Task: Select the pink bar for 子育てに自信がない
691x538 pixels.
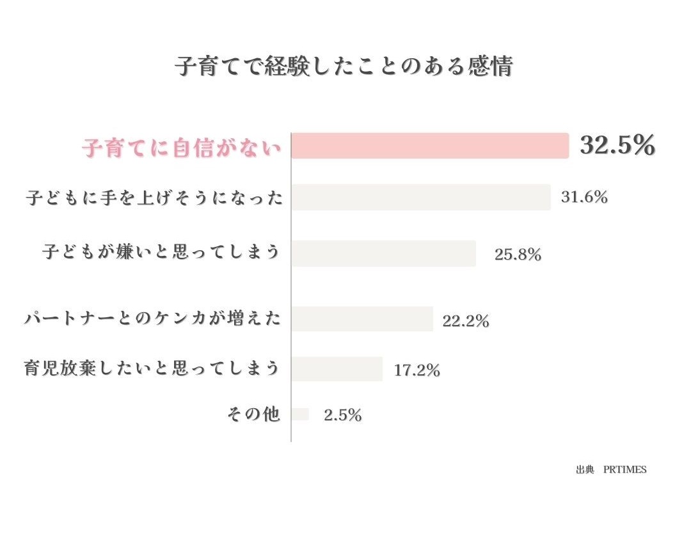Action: point(430,145)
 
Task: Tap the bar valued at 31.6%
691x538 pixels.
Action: point(421,197)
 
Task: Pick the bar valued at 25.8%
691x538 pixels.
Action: point(384,253)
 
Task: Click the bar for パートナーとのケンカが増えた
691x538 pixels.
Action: point(362,319)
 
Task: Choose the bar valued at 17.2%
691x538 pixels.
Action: point(337,369)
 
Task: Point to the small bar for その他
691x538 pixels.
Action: point(300,415)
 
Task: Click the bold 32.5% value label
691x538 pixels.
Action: point(617,146)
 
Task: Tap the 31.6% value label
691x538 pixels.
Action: point(584,198)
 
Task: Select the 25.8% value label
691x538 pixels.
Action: point(518,255)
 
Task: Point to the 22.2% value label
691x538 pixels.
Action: point(466,321)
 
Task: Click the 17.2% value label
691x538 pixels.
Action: point(417,370)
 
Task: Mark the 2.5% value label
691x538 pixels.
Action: point(343,416)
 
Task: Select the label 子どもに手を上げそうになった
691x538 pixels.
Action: point(154,198)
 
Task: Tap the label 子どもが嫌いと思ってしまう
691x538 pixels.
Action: point(161,251)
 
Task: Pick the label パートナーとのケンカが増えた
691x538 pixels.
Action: point(153,318)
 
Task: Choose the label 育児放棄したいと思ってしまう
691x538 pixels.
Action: point(152,369)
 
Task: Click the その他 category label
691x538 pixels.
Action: point(254,415)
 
